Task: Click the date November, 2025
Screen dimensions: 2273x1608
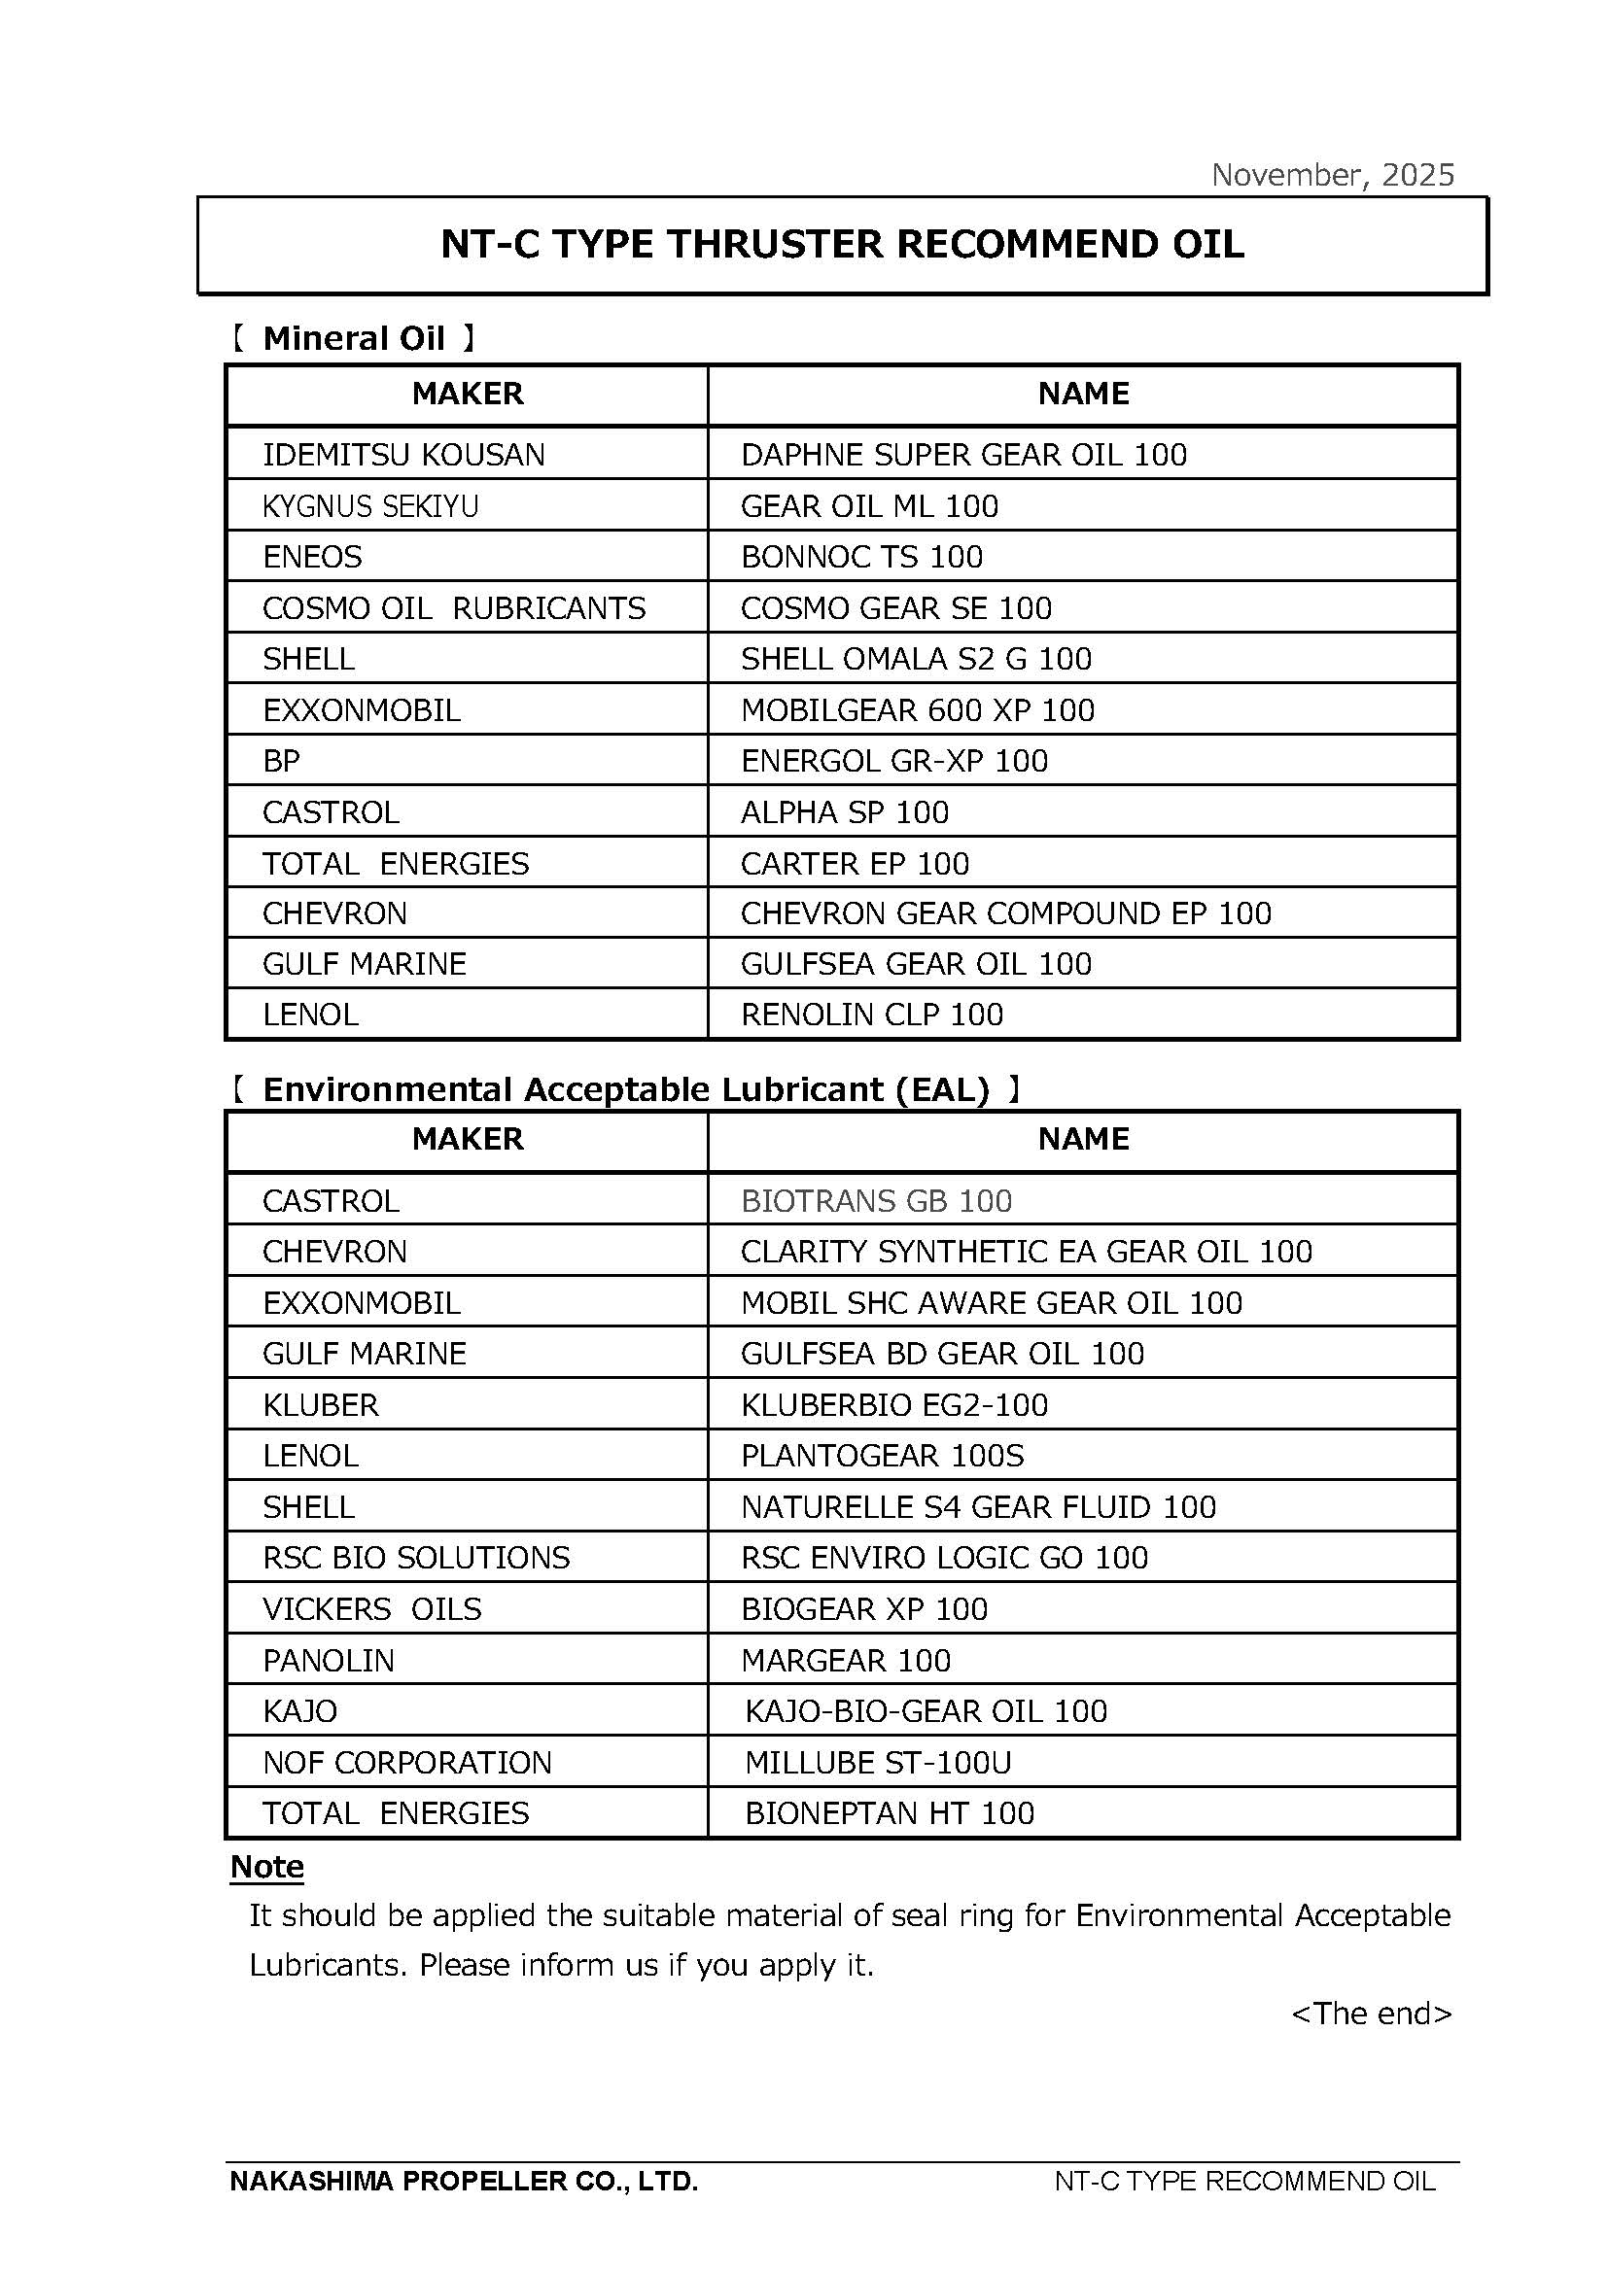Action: click(1333, 175)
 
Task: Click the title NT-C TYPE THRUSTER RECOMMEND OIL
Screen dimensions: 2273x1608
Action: click(842, 245)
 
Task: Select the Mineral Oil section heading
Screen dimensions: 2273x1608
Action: click(354, 338)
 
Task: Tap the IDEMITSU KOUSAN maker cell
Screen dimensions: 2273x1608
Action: click(403, 455)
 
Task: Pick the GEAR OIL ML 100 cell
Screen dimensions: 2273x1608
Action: click(869, 506)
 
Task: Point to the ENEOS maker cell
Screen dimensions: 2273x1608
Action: click(312, 557)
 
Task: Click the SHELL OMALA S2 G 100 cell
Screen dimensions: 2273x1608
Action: click(916, 658)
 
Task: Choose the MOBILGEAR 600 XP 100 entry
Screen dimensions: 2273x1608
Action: click(918, 709)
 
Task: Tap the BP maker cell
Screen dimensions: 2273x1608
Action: click(281, 760)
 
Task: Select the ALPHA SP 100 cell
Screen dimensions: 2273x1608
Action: click(845, 811)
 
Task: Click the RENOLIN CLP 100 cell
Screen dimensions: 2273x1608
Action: click(871, 1014)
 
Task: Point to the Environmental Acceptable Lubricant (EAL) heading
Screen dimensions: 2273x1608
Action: click(626, 1089)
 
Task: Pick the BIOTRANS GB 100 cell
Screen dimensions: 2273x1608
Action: click(876, 1201)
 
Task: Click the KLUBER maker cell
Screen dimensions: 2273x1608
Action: click(320, 1405)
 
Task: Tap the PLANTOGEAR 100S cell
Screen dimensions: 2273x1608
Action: click(882, 1456)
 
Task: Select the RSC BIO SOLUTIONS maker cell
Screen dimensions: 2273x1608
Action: click(416, 1557)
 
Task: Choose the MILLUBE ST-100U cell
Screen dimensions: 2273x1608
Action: click(878, 1762)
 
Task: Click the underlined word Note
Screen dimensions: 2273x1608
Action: click(266, 1866)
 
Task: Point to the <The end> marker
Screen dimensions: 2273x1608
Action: click(1372, 2013)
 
